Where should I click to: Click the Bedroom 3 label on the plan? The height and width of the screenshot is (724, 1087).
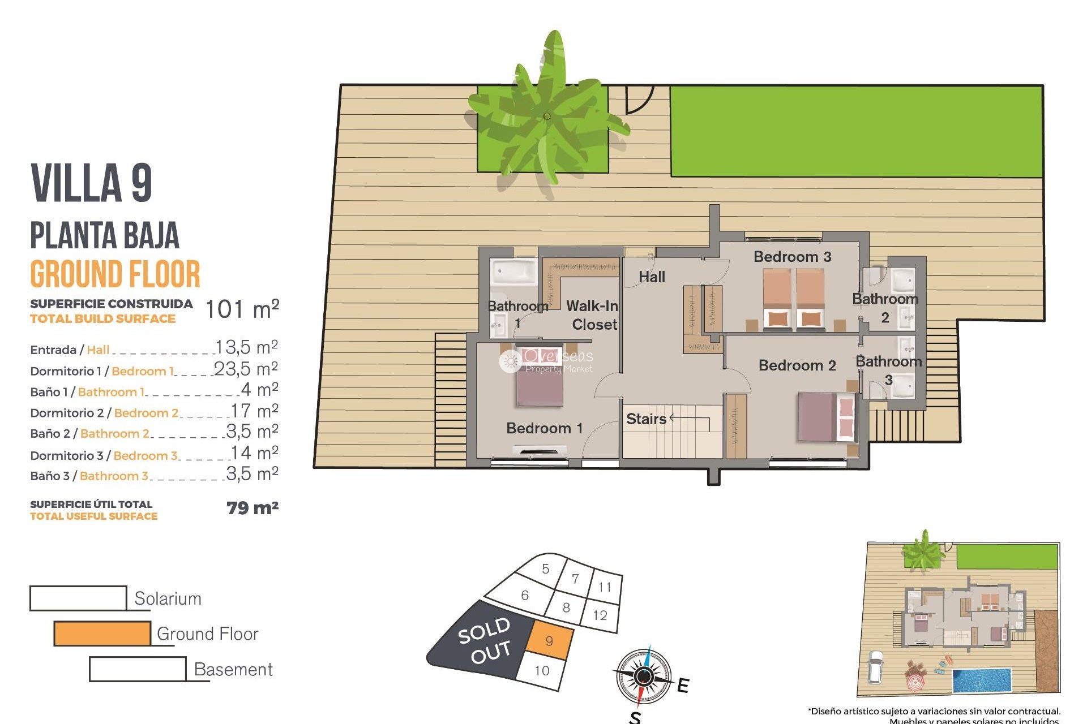[792, 257]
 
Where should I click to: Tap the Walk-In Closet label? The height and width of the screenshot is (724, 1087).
[593, 315]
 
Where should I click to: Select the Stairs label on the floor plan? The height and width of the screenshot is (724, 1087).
[646, 419]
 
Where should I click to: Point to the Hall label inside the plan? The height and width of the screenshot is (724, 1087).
[652, 277]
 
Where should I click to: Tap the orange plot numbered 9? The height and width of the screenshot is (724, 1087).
[549, 641]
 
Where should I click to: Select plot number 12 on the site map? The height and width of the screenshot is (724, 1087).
[600, 615]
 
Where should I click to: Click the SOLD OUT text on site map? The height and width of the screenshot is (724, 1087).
[485, 640]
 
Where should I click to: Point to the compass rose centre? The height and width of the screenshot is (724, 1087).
[643, 676]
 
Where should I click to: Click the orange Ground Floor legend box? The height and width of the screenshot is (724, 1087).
[102, 633]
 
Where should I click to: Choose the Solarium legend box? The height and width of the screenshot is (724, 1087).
[78, 598]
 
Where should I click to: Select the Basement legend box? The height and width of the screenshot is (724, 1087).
[138, 669]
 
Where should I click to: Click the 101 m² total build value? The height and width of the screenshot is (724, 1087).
[242, 309]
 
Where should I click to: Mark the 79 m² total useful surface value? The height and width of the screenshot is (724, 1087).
[253, 508]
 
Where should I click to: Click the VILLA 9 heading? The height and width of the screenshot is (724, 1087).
[92, 183]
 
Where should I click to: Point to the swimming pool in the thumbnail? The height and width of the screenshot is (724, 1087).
[982, 680]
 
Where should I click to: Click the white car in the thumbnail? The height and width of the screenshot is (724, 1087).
[876, 667]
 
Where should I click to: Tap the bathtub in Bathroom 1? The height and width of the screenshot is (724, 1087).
[513, 271]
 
